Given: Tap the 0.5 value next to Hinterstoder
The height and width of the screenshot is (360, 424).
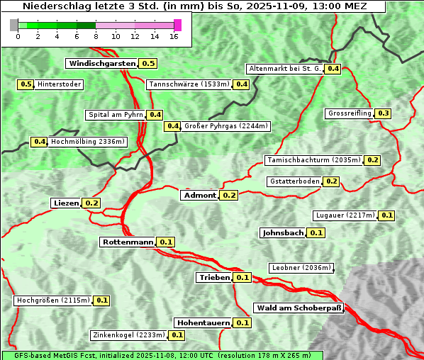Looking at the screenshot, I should click(x=26, y=84).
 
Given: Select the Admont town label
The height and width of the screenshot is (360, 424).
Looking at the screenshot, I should click(x=199, y=195).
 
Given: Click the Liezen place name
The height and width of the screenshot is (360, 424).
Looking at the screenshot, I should click(x=66, y=203).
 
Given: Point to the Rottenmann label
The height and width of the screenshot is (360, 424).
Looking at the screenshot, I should click(x=128, y=242).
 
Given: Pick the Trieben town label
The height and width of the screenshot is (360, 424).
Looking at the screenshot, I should click(x=214, y=277).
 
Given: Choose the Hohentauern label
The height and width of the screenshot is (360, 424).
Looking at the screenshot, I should click(x=203, y=322).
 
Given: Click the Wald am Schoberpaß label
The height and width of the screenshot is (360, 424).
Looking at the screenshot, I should click(x=299, y=308).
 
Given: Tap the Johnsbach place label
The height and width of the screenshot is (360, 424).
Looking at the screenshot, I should click(x=283, y=232).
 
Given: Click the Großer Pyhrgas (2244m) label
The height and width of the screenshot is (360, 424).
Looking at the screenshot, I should click(x=225, y=126).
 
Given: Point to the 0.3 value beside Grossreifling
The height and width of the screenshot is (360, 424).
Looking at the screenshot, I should click(x=384, y=113).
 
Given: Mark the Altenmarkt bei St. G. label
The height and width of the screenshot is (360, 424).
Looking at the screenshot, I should click(x=284, y=69).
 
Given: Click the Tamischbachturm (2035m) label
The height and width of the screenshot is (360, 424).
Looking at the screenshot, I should click(x=313, y=160).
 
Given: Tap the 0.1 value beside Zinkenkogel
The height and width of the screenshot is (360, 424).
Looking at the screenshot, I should click(x=177, y=335).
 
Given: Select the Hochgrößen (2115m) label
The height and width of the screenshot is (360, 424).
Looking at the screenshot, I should click(x=53, y=300).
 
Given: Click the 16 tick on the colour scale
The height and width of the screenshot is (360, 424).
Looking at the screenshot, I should click(x=174, y=36).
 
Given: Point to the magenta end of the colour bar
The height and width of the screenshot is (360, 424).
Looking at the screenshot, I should click(x=177, y=25).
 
